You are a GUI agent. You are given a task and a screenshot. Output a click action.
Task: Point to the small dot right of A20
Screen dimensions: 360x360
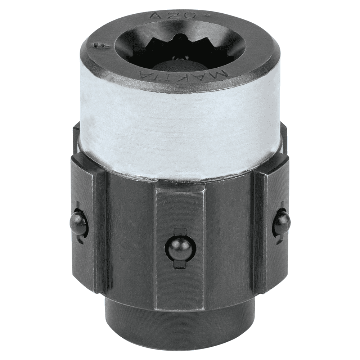[x=206, y=15]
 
